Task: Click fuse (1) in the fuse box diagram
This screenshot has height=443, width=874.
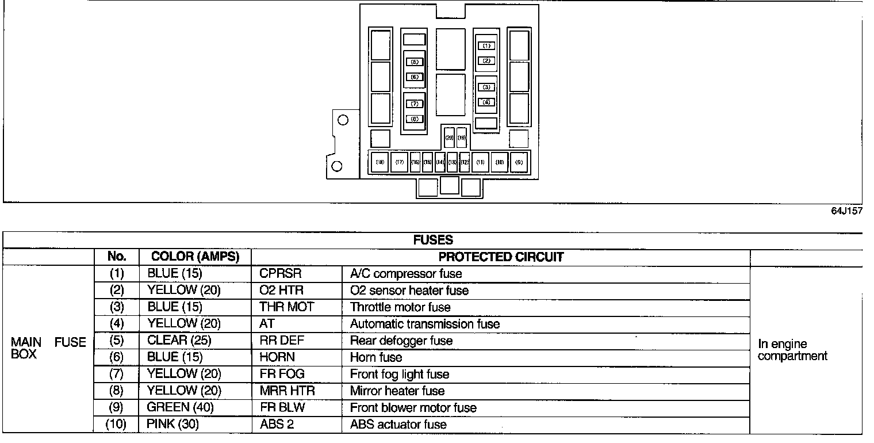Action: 486,45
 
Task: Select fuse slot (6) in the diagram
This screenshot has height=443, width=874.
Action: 415,77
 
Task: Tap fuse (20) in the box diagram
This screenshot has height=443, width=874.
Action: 450,138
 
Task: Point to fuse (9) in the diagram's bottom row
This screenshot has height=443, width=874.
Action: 519,162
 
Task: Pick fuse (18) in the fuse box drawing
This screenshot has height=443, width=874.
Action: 380,162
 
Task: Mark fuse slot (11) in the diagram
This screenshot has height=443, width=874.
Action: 481,162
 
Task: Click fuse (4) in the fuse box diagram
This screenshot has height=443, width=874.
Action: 486,102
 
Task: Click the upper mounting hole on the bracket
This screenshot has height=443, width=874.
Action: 343,120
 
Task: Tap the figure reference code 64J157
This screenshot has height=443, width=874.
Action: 846,211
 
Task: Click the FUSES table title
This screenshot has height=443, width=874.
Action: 433,240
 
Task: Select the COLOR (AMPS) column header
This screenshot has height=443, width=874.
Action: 195,257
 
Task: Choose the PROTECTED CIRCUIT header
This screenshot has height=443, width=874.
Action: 501,257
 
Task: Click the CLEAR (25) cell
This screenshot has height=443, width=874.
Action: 179,341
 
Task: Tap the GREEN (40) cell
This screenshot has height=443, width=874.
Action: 179,408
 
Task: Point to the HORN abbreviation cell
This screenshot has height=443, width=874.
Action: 277,357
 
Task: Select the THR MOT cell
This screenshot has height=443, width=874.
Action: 286,307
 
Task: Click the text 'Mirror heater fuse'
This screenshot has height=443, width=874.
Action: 397,391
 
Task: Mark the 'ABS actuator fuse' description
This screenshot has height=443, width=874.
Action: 398,425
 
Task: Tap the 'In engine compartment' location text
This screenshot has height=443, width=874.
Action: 792,350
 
